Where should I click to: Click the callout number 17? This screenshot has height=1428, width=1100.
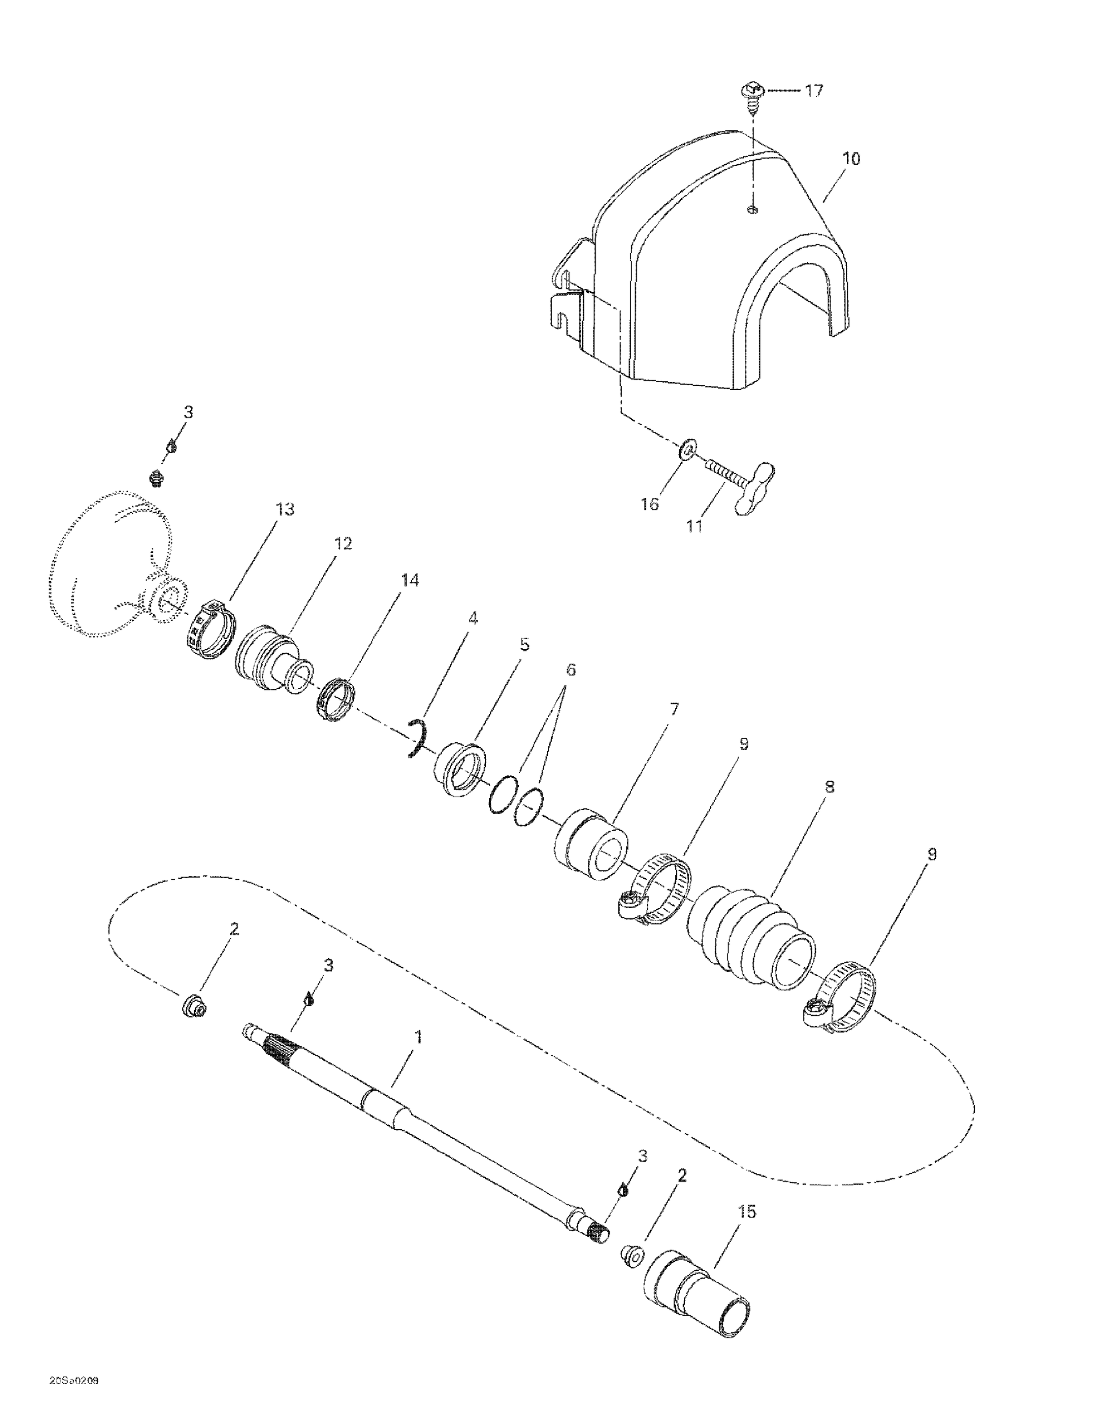click(813, 90)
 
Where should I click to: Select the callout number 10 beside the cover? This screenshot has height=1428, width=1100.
click(852, 159)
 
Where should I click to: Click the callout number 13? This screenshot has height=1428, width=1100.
click(285, 509)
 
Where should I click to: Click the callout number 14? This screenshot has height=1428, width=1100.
click(409, 580)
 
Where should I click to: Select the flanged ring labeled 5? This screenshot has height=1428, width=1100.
click(460, 768)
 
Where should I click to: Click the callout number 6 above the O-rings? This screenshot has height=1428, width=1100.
click(571, 670)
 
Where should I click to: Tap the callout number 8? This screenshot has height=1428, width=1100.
click(829, 786)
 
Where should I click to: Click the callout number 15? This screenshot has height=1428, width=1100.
click(747, 1211)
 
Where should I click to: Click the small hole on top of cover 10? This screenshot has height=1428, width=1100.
click(752, 209)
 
